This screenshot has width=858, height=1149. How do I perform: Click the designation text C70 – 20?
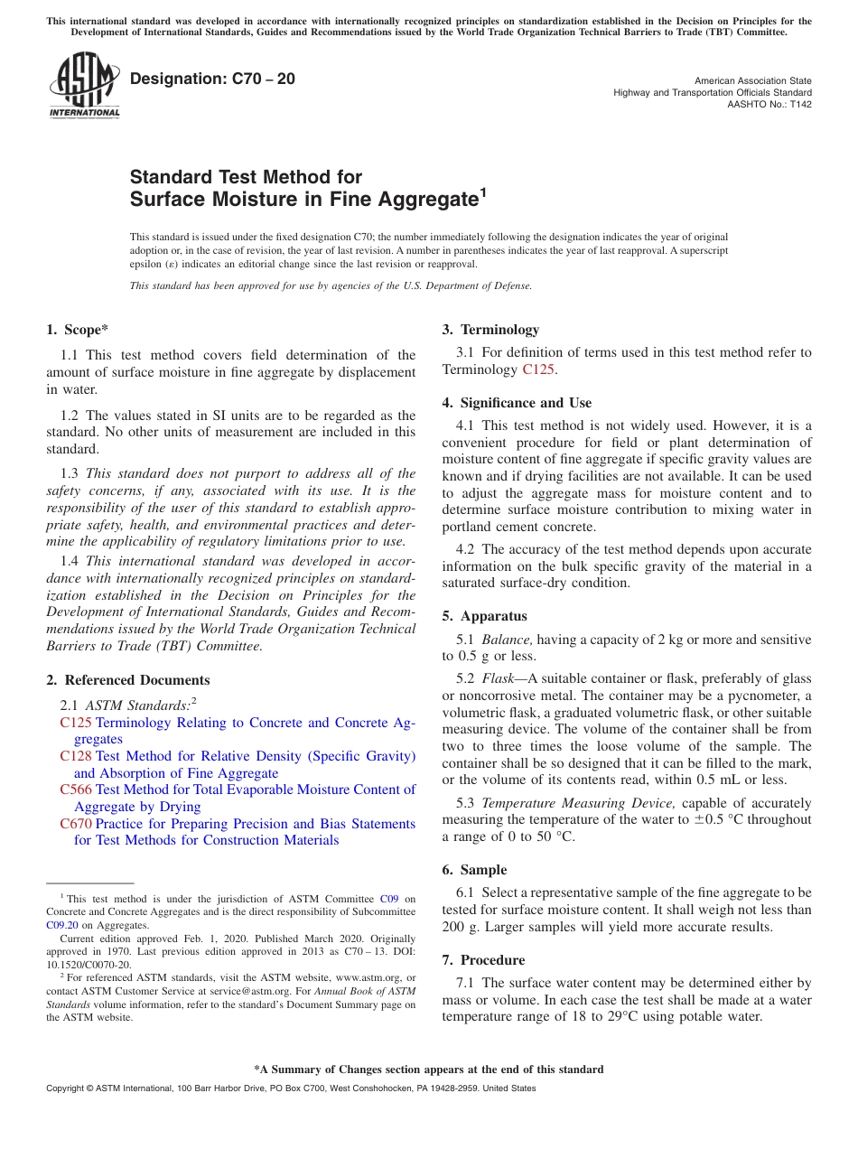212,79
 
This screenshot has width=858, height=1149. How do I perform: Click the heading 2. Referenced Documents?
127,680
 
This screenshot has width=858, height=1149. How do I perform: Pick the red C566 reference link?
76,789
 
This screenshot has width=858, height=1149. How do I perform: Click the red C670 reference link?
76,824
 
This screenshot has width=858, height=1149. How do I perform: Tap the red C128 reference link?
76,756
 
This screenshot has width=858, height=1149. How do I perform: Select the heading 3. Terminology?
490,330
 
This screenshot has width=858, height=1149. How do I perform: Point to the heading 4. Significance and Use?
517,403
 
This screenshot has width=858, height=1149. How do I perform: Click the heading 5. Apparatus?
484,616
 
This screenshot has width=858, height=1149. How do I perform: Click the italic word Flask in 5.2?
497,678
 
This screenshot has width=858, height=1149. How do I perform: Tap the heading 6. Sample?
474,870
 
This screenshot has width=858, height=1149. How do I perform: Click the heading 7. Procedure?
483,960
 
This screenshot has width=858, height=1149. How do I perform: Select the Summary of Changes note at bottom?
428,1070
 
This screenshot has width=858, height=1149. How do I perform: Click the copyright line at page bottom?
291,1088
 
